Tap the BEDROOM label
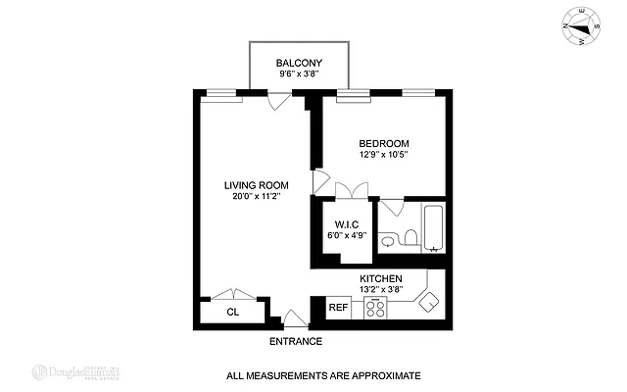pos(384,143)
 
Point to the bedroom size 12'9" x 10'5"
pos(384,154)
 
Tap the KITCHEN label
pos(381,279)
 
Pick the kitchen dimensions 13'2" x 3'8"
pos(381,290)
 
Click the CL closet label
pos(233,313)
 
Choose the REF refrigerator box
pos(338,308)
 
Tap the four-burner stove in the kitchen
pos(374,308)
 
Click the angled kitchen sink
pos(428,303)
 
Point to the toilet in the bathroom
pos(409,237)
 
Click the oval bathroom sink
pos(388,240)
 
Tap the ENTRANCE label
pos(295,341)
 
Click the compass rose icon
pos(580,26)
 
